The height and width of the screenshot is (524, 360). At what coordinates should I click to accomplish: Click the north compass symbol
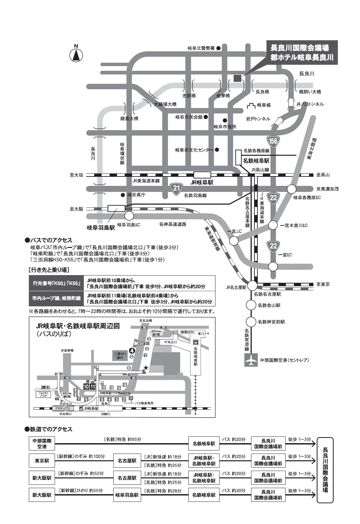(76, 54)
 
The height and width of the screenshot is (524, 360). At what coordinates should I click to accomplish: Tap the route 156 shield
(273, 141)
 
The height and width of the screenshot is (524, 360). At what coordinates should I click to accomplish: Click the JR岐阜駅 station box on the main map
(202, 175)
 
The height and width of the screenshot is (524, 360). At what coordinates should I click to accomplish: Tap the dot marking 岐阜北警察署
(219, 48)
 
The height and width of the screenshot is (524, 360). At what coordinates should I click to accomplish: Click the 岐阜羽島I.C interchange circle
(129, 215)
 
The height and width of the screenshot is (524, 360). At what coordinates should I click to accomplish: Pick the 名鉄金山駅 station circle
(251, 305)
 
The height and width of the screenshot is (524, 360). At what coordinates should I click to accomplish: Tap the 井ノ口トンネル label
(310, 104)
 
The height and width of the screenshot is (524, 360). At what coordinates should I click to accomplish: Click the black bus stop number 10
(86, 386)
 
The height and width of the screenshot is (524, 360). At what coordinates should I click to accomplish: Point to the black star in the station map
(145, 368)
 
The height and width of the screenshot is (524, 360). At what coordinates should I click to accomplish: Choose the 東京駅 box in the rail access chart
(42, 461)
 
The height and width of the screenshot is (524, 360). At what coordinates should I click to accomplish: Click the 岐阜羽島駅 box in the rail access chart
(127, 495)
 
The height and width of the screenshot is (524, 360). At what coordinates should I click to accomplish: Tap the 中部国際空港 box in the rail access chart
(42, 444)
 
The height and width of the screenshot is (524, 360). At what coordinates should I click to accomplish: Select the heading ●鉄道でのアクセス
(49, 429)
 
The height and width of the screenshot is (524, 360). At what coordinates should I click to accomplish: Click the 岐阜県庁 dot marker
(123, 195)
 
